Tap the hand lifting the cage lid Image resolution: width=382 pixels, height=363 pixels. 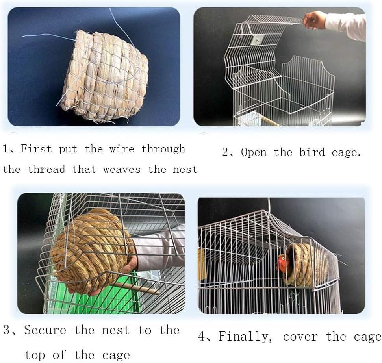[315, 20]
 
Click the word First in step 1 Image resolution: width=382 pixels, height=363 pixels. [36, 149]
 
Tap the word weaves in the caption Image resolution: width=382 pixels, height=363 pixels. [122, 170]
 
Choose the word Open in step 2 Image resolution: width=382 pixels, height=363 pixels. [254, 152]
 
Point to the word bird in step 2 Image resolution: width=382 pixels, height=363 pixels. [313, 152]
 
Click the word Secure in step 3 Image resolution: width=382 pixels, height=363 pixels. [45, 330]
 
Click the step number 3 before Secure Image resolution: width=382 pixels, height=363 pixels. [7, 330]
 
